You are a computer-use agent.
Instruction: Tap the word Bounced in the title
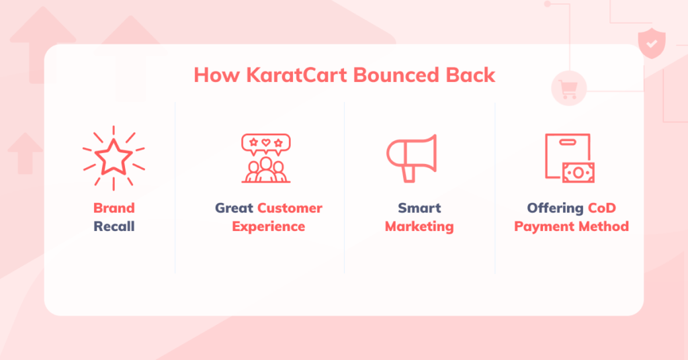pos(396,75)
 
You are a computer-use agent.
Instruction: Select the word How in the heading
pos(217,75)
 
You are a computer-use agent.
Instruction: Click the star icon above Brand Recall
pos(114,158)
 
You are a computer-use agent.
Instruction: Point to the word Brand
pos(114,208)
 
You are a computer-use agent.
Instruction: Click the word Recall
pos(114,226)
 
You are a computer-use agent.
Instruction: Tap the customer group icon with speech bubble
pos(266,158)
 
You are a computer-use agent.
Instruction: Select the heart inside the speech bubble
pos(266,142)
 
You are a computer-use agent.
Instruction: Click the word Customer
pos(290,208)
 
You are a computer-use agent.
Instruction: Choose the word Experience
pos(269,227)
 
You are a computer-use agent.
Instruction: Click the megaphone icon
pos(412,158)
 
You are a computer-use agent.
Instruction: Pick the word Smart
pos(419,208)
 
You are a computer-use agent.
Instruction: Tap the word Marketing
pos(419,227)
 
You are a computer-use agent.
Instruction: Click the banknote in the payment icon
pos(578,173)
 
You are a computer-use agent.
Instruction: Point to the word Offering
pos(555,208)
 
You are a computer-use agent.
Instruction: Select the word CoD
pos(602,208)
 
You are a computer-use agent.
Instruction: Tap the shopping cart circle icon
pos(568,88)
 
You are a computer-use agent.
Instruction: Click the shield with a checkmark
pos(652,43)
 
